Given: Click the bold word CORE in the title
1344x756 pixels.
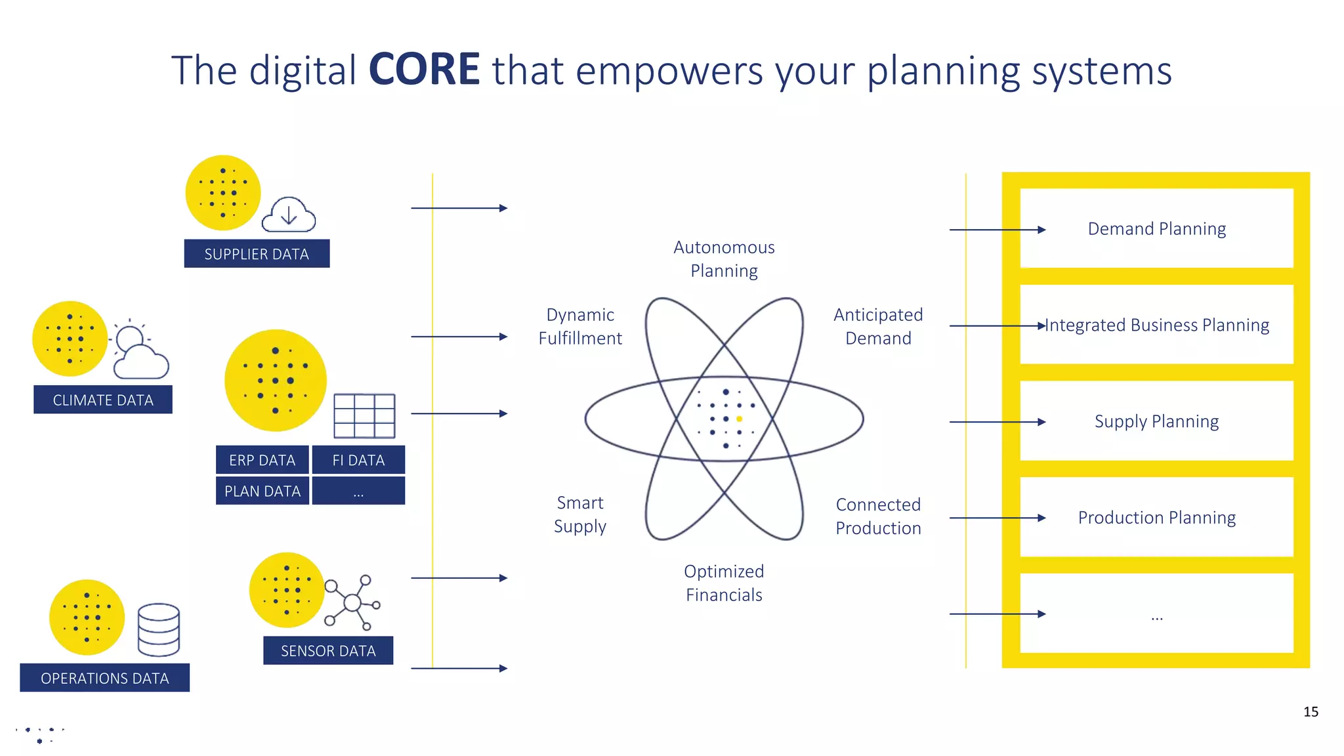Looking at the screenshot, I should pyautogui.click(x=424, y=70).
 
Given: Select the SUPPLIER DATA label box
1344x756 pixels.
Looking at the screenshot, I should pyautogui.click(x=257, y=254).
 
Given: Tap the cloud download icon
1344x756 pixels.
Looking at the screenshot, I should pyautogui.click(x=289, y=215).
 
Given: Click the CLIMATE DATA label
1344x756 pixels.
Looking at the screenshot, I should pyautogui.click(x=103, y=400).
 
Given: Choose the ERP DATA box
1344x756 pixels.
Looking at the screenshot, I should pyautogui.click(x=262, y=460).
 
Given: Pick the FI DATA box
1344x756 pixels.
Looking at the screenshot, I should pyautogui.click(x=358, y=460).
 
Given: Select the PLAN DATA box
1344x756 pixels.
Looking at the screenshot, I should pyautogui.click(x=262, y=491).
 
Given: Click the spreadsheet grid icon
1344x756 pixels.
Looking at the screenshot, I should pyautogui.click(x=364, y=415).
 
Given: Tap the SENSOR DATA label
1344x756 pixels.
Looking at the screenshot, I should pyautogui.click(x=328, y=650).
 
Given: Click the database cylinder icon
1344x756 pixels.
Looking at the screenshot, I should pyautogui.click(x=159, y=629).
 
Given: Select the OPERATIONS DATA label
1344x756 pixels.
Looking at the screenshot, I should pyautogui.click(x=105, y=678).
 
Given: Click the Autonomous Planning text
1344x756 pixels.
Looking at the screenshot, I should pyautogui.click(x=724, y=259).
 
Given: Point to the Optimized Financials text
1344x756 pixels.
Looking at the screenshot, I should pyautogui.click(x=724, y=583).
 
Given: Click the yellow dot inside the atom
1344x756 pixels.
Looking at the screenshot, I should pyautogui.click(x=740, y=419).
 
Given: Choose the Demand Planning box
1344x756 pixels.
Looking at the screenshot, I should pyautogui.click(x=1156, y=228).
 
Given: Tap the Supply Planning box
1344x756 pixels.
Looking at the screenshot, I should pyautogui.click(x=1156, y=421).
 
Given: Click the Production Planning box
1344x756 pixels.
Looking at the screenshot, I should pyautogui.click(x=1156, y=517).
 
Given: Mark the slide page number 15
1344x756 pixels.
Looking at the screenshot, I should pyautogui.click(x=1311, y=711).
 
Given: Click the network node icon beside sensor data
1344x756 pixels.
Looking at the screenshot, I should pyautogui.click(x=353, y=602).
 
